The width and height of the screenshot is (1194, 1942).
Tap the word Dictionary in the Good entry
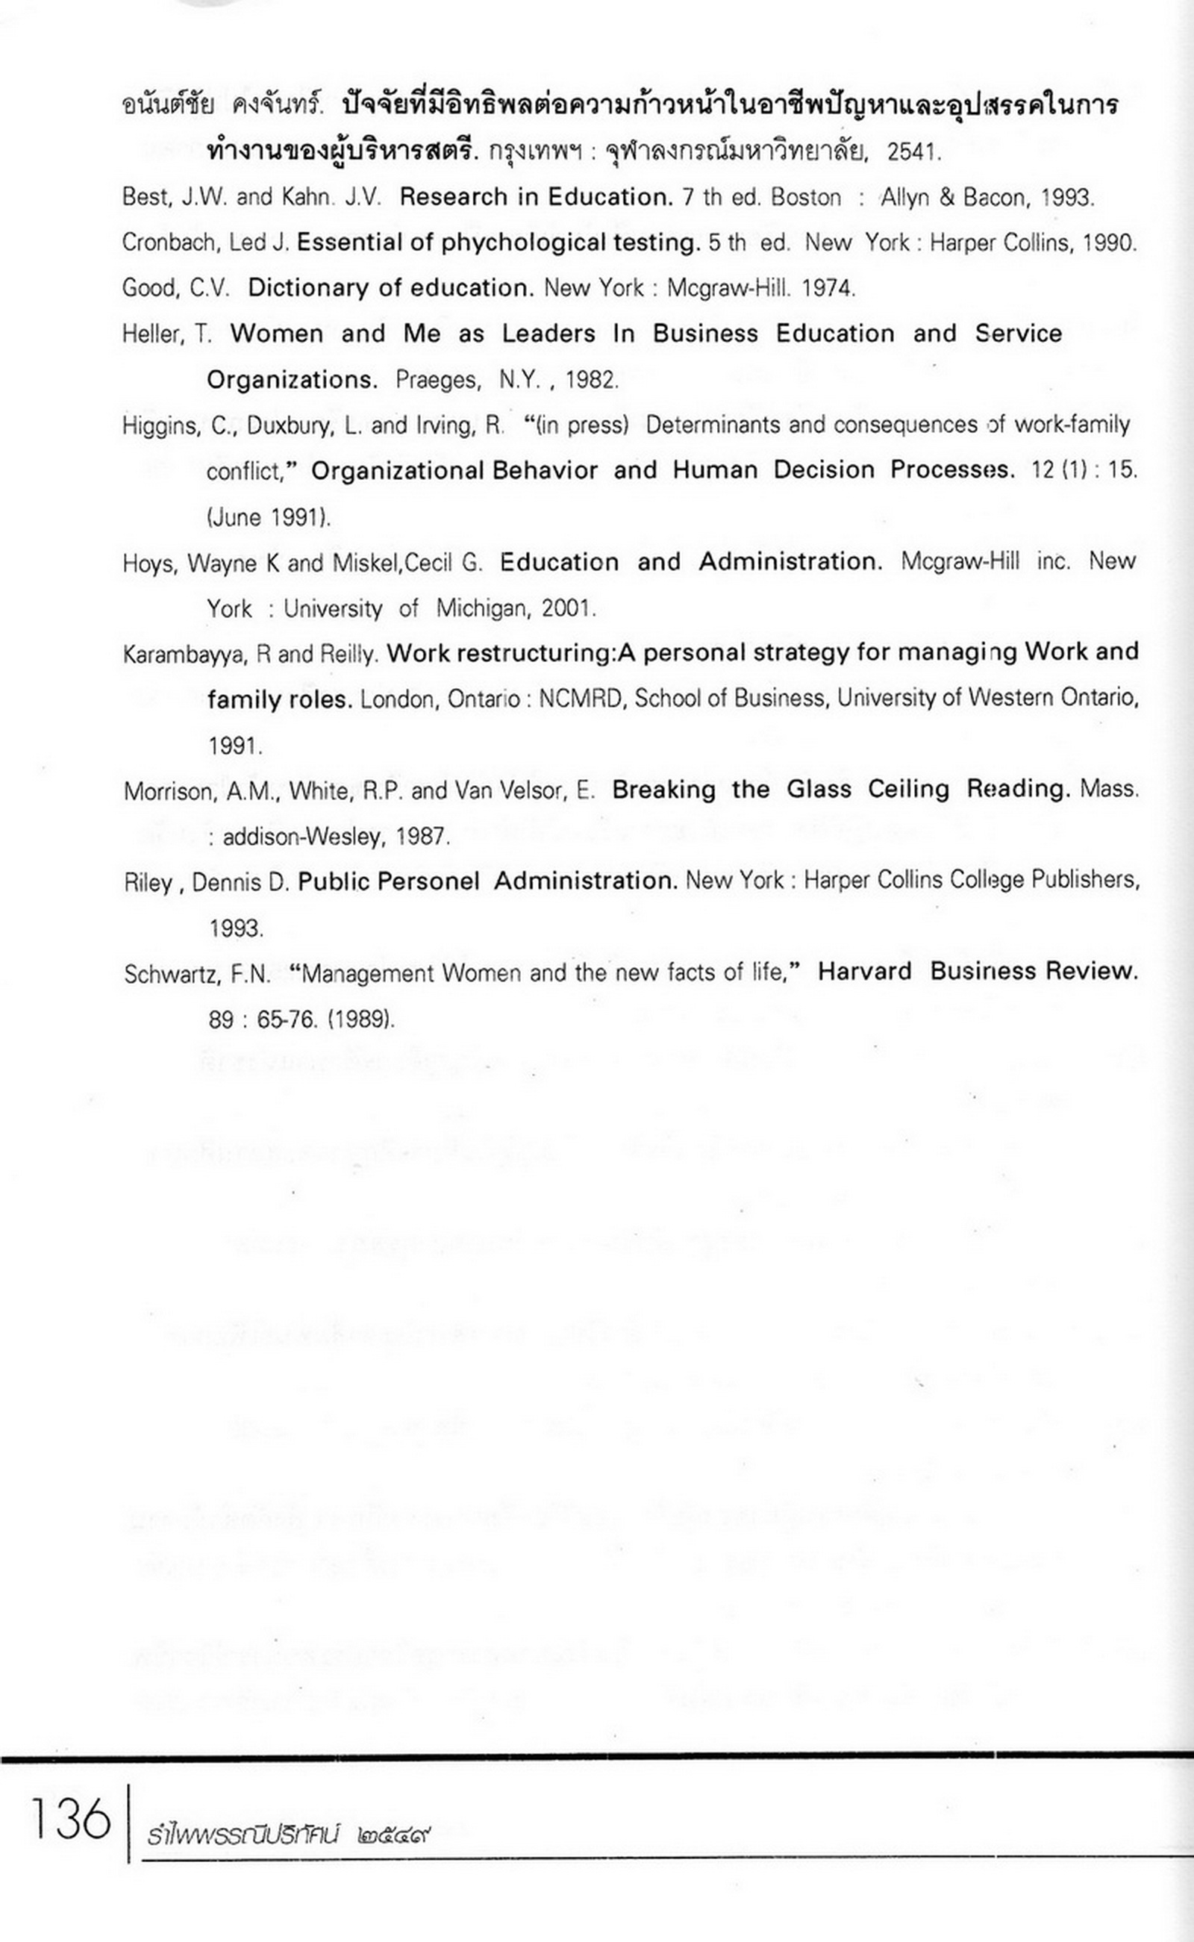coord(310,287)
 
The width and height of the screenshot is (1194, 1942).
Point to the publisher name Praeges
coord(437,381)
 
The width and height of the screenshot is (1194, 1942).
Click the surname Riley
coord(148,882)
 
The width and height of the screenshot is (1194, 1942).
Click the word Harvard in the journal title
coord(864,972)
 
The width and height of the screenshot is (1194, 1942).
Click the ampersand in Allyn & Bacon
coord(947,198)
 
